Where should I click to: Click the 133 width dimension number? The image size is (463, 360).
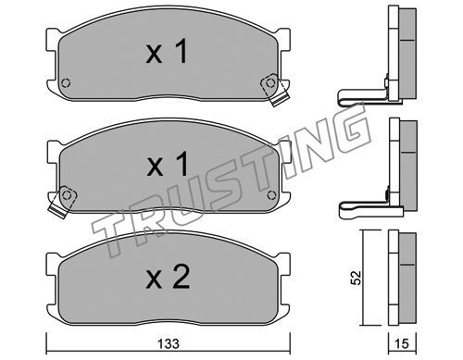(x=169, y=343)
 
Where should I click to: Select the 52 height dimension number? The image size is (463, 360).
(x=357, y=278)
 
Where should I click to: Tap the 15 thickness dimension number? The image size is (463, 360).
(x=402, y=343)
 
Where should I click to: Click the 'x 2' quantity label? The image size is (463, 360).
(x=168, y=278)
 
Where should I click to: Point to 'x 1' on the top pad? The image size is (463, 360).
(x=167, y=51)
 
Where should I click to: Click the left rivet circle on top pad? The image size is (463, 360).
(x=66, y=83)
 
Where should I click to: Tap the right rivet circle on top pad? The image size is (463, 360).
(x=270, y=82)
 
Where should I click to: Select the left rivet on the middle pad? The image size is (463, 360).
(x=67, y=194)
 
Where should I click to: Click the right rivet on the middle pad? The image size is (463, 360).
(x=271, y=195)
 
